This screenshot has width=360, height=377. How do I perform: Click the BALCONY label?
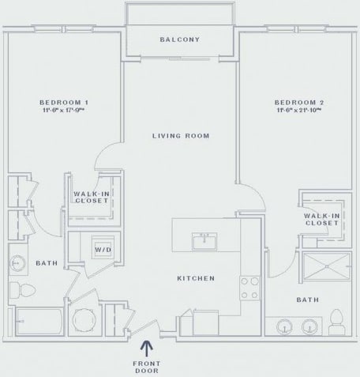coord(179,40)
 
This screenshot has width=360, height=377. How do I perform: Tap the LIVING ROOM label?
coord(180,136)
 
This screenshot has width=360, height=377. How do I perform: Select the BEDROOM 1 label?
coord(64,103)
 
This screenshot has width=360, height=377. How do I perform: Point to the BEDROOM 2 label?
coord(294,103)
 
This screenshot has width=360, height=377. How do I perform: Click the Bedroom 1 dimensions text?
coord(64,112)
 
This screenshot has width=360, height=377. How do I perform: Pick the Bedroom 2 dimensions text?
coord(294,112)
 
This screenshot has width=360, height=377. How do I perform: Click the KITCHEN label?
coord(196,278)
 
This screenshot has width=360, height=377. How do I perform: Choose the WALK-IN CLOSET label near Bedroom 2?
coord(321,219)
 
